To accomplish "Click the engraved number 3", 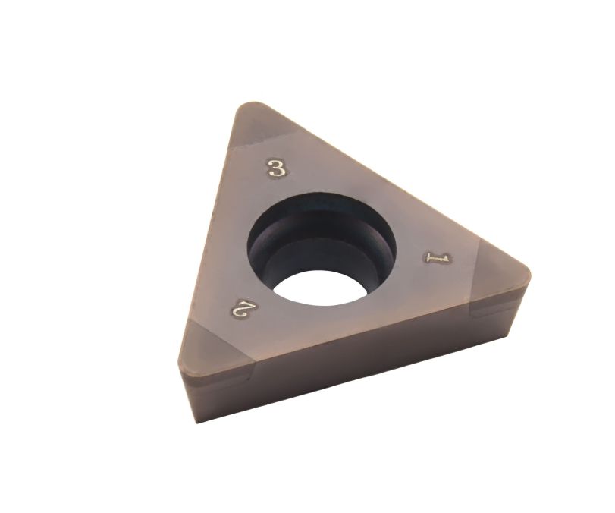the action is coord(277,168).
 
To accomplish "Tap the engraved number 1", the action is coord(437,258).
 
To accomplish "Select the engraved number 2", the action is coord(240,307).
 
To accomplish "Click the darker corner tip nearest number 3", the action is coord(256,127).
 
